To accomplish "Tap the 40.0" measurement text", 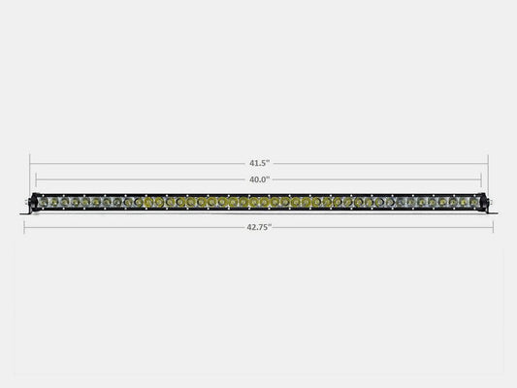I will (x=259, y=179).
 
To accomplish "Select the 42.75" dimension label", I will (x=258, y=227).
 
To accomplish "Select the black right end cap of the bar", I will (x=485, y=202).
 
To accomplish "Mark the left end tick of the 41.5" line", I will (x=30, y=162).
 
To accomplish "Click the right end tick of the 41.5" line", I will (x=488, y=162).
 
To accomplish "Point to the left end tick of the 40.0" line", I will (x=36, y=180).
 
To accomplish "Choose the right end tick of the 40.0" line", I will (x=482, y=180).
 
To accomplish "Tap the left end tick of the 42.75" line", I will (x=23, y=227).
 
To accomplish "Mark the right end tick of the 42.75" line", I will (x=494, y=227).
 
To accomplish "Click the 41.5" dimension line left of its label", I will (x=136, y=162).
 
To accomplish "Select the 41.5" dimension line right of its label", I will (x=378, y=162).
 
